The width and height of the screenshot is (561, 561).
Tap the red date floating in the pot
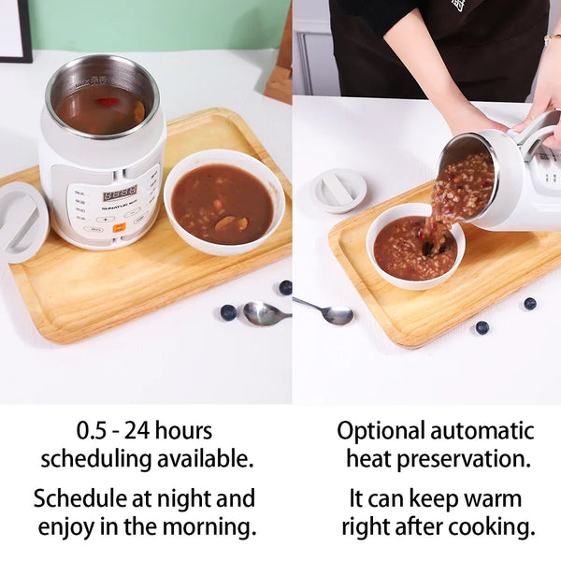click(x=107, y=102)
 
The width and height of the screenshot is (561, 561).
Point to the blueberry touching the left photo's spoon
click(x=228, y=312)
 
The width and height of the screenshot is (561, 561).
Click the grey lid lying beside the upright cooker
click(x=22, y=223)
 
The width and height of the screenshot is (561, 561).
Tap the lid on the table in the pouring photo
click(x=338, y=191)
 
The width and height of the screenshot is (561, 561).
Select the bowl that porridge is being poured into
click(x=415, y=246)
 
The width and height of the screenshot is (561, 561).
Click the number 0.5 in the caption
click(x=92, y=430)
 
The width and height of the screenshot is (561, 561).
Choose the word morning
click(x=209, y=527)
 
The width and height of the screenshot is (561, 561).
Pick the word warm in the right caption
click(x=491, y=498)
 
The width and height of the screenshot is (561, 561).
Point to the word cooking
click(x=492, y=527)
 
